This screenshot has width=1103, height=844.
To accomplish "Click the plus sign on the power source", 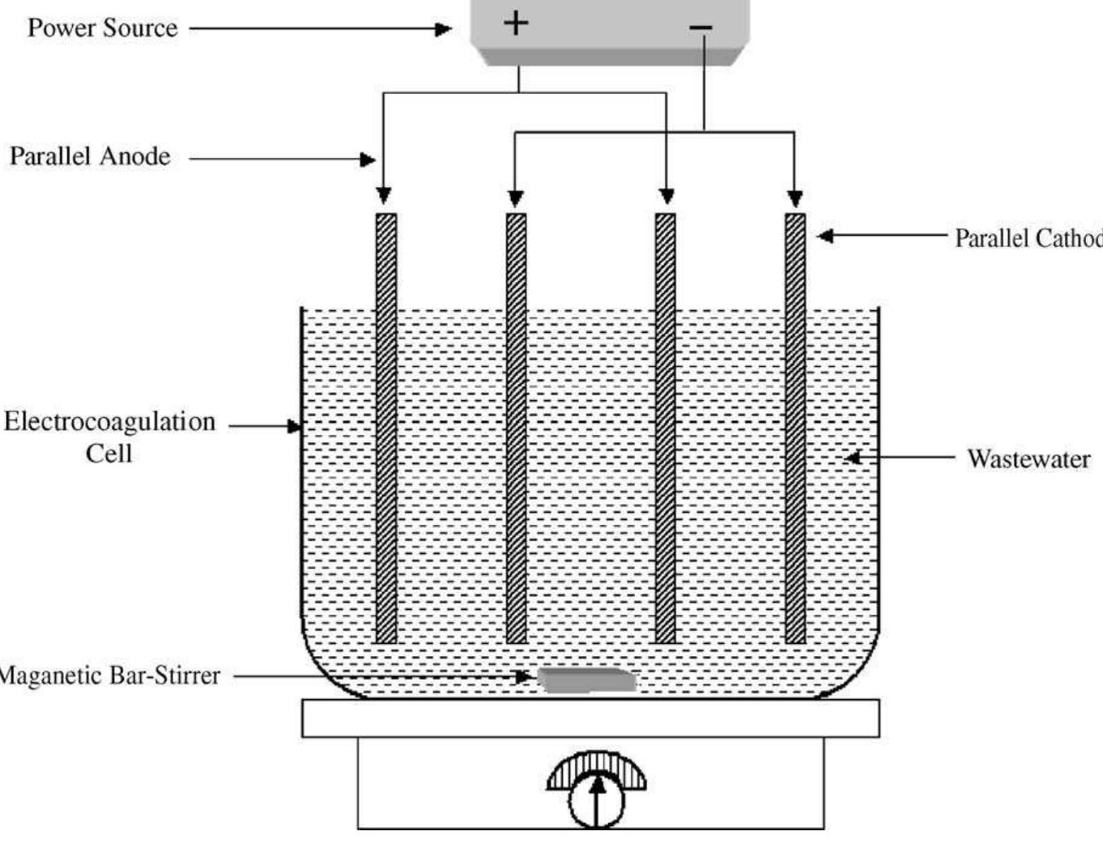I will [516, 22].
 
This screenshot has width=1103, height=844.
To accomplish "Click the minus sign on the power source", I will [701, 28].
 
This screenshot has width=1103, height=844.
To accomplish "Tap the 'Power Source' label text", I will [102, 28].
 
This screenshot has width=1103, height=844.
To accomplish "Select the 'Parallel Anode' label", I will [90, 156].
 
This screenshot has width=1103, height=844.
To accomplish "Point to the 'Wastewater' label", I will [1028, 459].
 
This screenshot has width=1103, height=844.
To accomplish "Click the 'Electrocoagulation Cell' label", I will [109, 437].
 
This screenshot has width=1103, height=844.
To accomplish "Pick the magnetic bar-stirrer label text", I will [109, 676].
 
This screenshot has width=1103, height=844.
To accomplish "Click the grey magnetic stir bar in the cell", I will [587, 680].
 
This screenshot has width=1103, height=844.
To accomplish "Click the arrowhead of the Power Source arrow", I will [443, 29].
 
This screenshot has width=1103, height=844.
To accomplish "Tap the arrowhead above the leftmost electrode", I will [384, 196].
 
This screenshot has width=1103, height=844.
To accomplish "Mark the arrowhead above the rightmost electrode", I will [795, 198].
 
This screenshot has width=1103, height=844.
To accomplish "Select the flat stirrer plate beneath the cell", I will [590, 718].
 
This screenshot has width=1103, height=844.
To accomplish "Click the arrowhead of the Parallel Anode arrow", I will [368, 160].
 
